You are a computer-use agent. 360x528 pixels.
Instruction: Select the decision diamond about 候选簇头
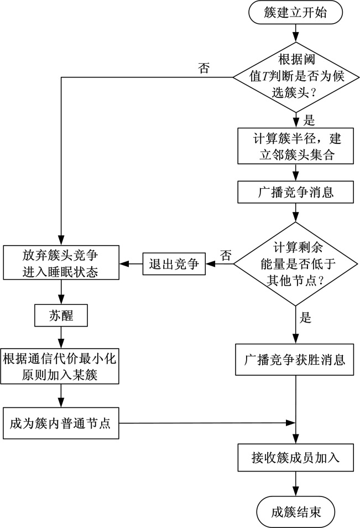tap(296, 77)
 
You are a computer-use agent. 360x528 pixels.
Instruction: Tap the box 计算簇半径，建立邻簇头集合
tap(296, 146)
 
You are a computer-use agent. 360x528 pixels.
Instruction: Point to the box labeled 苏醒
tap(61, 315)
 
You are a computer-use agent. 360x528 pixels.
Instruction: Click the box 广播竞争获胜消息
tap(296, 361)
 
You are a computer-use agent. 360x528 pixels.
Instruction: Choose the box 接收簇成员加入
tap(296, 457)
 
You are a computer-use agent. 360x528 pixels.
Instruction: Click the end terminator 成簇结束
tap(296, 511)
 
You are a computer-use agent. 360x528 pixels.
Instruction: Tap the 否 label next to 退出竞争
tap(225, 255)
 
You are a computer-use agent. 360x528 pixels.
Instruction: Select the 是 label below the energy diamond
tap(305, 318)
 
